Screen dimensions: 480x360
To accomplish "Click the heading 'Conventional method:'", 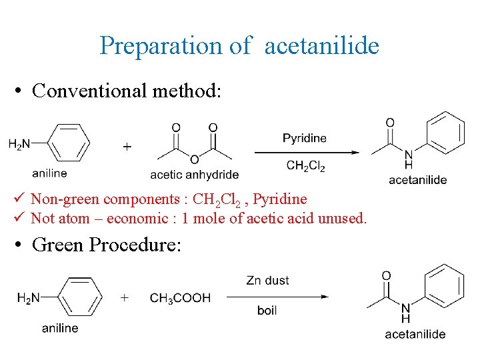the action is [125, 90].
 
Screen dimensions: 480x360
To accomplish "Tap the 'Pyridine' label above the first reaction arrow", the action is [304, 139].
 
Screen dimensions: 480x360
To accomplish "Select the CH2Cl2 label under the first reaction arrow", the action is [305, 167].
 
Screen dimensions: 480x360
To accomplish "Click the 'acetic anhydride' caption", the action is [194, 175].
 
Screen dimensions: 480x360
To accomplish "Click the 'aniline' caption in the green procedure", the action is [60, 328].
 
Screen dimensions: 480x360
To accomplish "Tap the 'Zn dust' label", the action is [267, 281].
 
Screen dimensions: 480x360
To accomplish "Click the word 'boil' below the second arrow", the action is [267, 311].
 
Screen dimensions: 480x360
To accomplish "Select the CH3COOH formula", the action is [180, 298].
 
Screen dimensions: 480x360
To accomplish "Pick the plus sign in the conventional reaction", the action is [127, 147].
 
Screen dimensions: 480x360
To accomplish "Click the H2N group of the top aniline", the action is [21, 143].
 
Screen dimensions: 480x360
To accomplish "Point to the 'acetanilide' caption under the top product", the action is [417, 180].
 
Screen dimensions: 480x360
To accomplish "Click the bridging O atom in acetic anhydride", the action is [194, 159].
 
